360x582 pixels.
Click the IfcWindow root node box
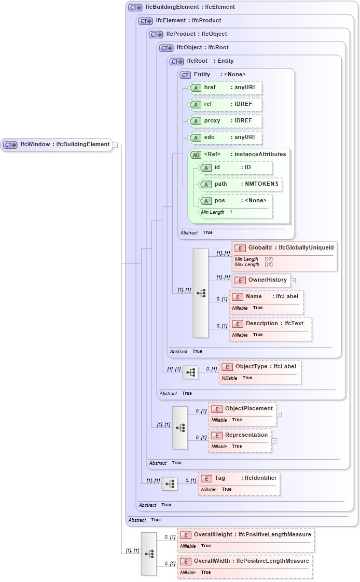[57, 145]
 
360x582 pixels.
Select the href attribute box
[225, 88]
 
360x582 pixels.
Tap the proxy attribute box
[225, 121]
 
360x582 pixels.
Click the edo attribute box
[225, 137]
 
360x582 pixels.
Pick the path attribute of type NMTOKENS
[241, 184]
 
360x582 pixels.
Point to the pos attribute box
[236, 201]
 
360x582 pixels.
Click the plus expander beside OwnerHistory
[293, 281]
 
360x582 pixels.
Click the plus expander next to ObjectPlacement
[279, 414]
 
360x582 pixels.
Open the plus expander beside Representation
[274, 441]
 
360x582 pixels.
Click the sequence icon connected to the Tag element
[170, 484]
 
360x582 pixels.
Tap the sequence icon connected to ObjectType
[190, 372]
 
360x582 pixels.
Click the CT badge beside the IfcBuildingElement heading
[135, 7]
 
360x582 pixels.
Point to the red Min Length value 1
[231, 212]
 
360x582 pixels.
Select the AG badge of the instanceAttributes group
[196, 155]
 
